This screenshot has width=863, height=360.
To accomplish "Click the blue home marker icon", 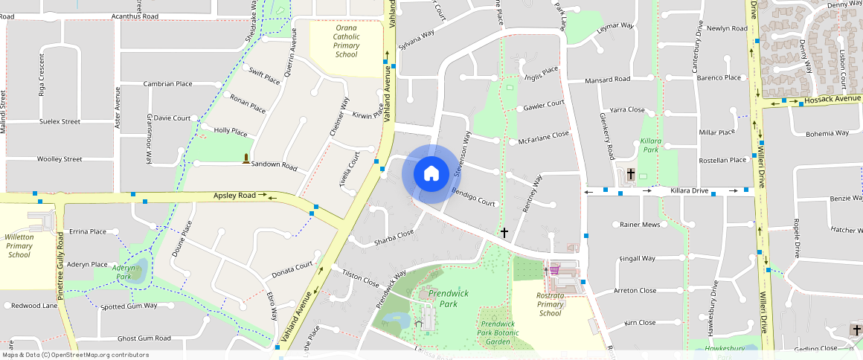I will pyautogui.click(x=431, y=174).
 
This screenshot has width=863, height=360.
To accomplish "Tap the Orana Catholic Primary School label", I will pyautogui.click(x=346, y=41).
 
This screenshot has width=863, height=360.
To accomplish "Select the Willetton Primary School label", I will pyautogui.click(x=19, y=245).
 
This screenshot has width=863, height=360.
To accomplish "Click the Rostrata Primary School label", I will pyautogui.click(x=550, y=304).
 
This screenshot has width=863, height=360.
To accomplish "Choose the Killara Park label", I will pyautogui.click(x=650, y=145).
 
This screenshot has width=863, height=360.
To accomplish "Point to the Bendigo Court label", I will pyautogui.click(x=473, y=197).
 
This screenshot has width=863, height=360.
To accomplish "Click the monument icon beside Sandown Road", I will pyautogui.click(x=246, y=158).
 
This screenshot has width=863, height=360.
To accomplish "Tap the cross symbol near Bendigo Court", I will pyautogui.click(x=504, y=233).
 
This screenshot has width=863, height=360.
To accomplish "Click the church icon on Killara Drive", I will pyautogui.click(x=631, y=174).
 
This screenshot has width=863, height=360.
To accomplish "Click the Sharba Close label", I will pyautogui.click(x=394, y=237).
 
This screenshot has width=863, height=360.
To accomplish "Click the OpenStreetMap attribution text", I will pyautogui.click(x=74, y=355).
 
